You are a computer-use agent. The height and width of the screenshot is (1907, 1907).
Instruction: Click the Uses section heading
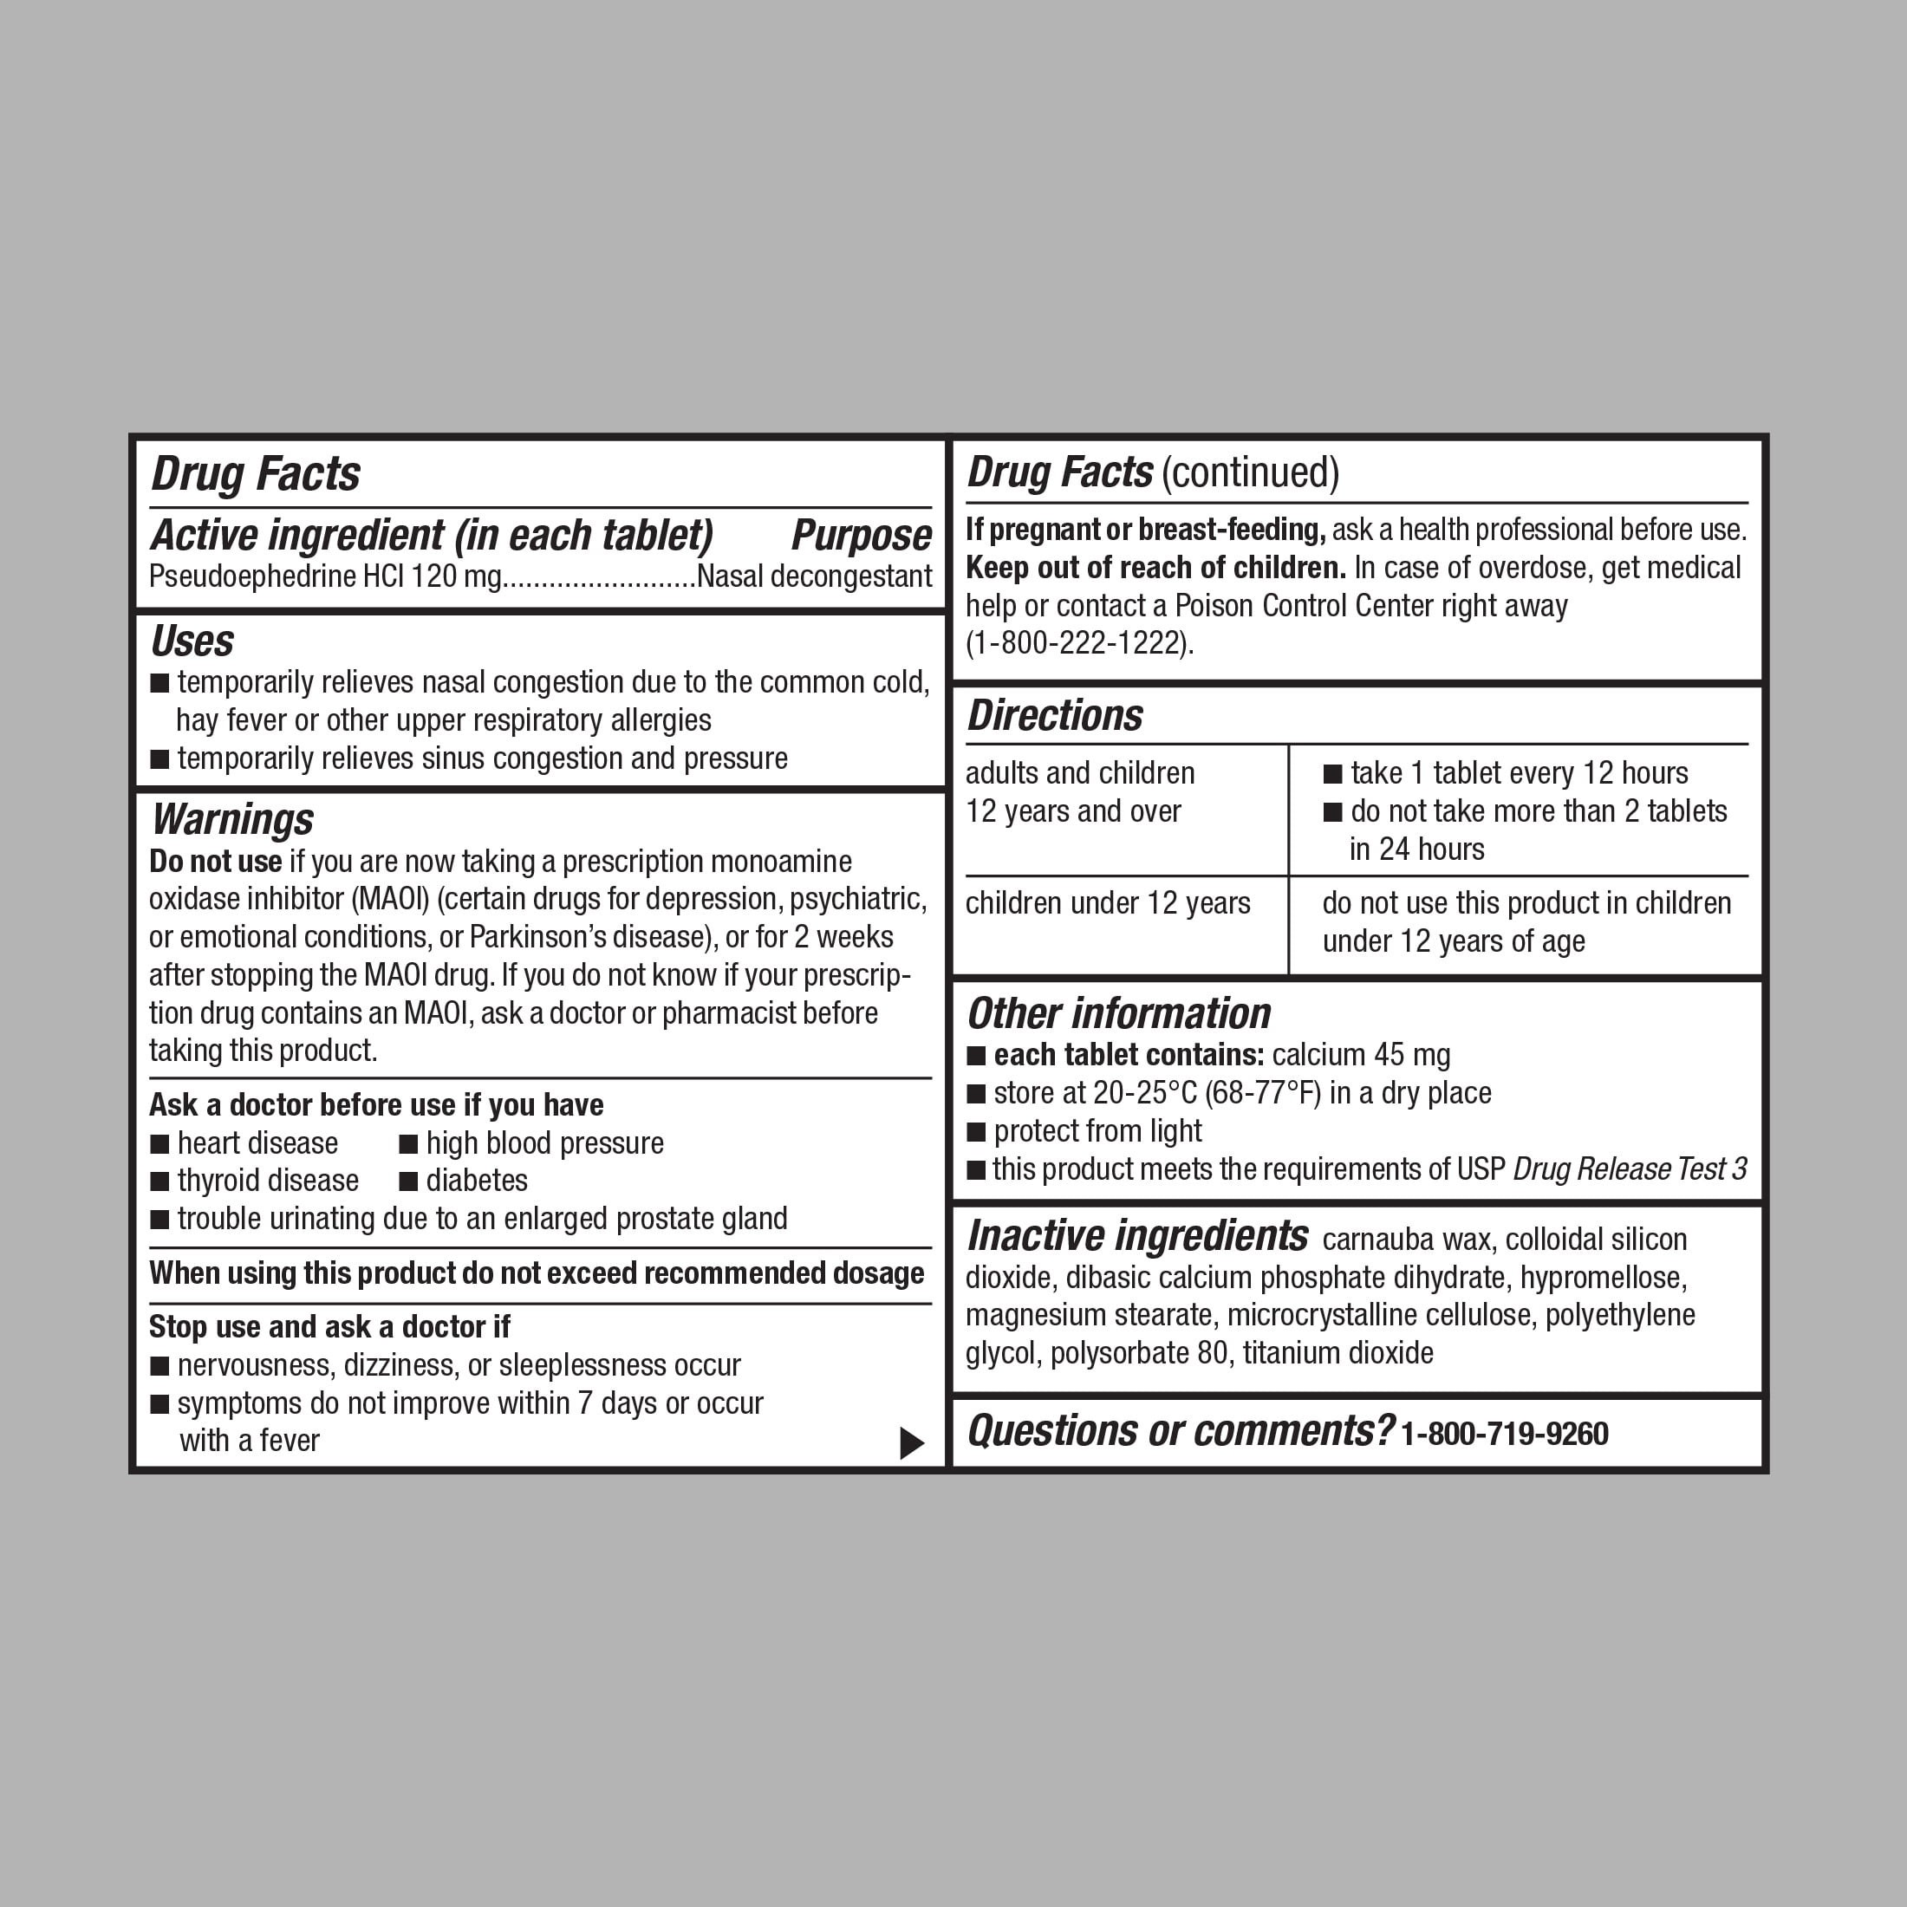coord(192,641)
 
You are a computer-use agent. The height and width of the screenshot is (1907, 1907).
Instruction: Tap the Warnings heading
coord(232,820)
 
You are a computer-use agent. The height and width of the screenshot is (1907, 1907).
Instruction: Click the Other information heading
coord(1118,1013)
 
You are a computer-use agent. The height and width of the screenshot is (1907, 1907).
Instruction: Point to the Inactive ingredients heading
coord(1137,1236)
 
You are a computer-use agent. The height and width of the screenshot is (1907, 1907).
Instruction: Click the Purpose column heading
coord(861,536)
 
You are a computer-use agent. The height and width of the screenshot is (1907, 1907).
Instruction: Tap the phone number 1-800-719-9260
coord(1504,1433)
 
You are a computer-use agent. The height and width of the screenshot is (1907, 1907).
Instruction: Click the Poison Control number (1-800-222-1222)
coord(1079,643)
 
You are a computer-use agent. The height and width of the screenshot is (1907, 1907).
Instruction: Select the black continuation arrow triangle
coord(911,1443)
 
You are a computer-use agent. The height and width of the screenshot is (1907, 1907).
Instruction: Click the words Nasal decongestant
coord(813,576)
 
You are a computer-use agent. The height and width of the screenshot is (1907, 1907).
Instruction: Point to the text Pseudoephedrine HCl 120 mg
coord(326,576)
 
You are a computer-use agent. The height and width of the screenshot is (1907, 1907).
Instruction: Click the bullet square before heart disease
coord(159,1144)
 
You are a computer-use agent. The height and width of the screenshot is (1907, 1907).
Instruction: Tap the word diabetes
coord(477,1181)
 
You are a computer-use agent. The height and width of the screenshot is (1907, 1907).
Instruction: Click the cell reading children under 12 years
coord(1108,903)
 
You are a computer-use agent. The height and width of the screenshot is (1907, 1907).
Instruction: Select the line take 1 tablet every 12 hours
coord(1519,773)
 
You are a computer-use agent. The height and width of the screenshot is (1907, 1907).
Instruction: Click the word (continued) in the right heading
coord(1251,472)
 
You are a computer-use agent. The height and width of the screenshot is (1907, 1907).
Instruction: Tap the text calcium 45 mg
coord(1361,1055)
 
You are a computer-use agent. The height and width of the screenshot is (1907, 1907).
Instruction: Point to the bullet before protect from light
coord(976,1131)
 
